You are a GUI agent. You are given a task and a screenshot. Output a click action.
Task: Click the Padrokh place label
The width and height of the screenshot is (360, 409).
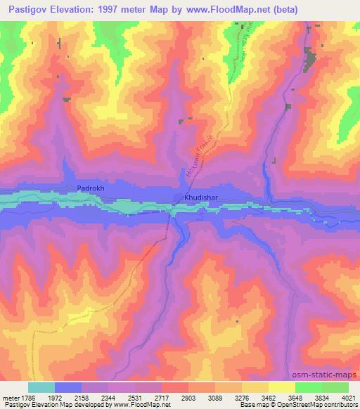90,189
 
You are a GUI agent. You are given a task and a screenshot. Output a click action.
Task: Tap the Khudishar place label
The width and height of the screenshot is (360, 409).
202,198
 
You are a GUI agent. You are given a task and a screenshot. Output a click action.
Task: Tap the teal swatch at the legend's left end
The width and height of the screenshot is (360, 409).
41,387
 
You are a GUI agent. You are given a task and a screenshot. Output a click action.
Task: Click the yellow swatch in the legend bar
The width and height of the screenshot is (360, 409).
281,387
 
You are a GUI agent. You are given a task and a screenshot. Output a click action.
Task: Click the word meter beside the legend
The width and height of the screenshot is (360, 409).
12,397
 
